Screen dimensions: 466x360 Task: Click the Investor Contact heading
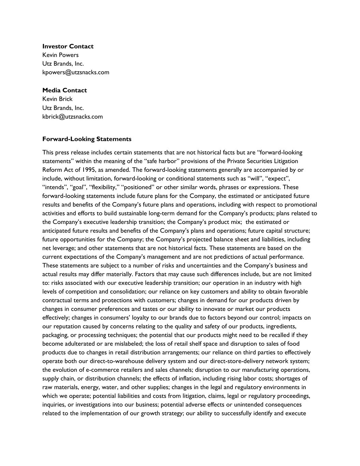tap(68, 46)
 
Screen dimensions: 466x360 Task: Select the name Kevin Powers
tap(60, 55)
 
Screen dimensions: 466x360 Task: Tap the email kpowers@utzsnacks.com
tap(76, 72)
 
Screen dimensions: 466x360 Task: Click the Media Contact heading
tap(64, 90)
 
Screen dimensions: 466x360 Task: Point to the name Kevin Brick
tap(57, 99)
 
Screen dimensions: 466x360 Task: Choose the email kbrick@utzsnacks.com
tap(72, 116)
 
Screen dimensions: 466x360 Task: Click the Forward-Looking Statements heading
tap(87, 139)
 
